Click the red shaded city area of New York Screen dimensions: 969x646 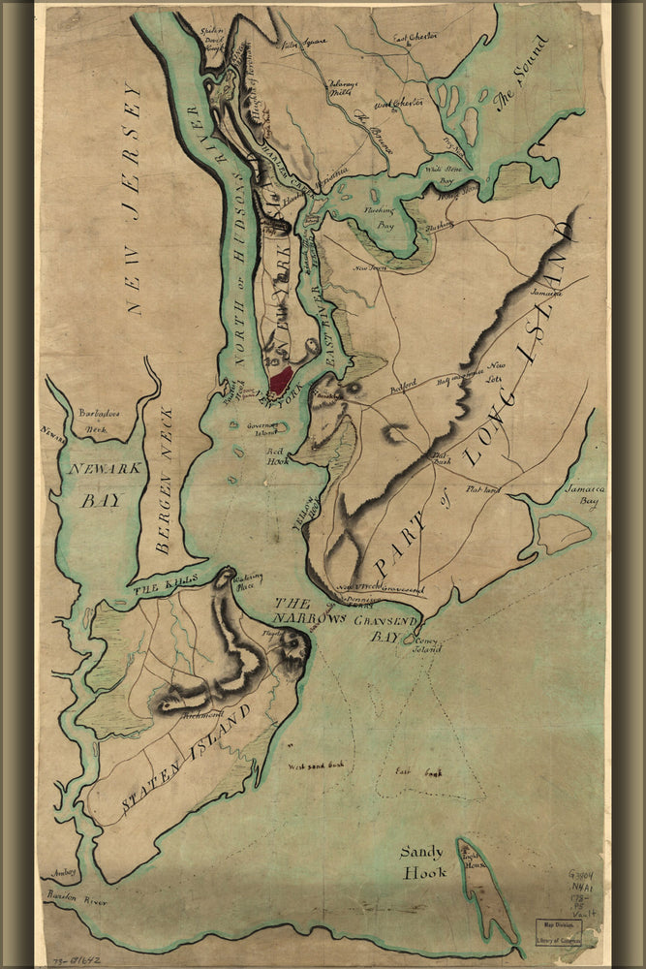pyautogui.click(x=281, y=380)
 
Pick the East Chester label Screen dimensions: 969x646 pyautogui.click(x=415, y=40)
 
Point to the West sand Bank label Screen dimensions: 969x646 pyautogui.click(x=316, y=766)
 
